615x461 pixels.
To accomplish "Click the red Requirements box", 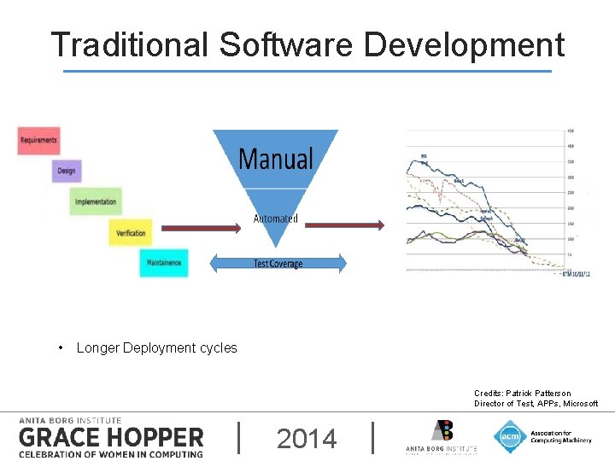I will coord(38,140).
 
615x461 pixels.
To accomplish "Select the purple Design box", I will coord(67,171).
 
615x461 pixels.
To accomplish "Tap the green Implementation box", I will coord(96,201).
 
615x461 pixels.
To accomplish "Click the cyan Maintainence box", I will coord(164,263).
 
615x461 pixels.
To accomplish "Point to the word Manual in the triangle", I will coord(275,159).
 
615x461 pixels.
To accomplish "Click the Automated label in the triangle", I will coord(275,219).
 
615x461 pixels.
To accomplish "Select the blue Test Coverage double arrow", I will coord(278,264).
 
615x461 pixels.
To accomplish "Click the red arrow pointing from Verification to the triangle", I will coord(202,227).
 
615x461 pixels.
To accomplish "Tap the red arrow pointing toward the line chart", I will coord(344,225).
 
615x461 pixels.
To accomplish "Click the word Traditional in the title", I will coord(129,45).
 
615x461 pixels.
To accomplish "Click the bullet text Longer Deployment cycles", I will coord(156,347).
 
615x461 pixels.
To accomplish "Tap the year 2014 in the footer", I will coord(307,439).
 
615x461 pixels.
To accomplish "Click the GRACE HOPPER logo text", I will coord(111,438).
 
